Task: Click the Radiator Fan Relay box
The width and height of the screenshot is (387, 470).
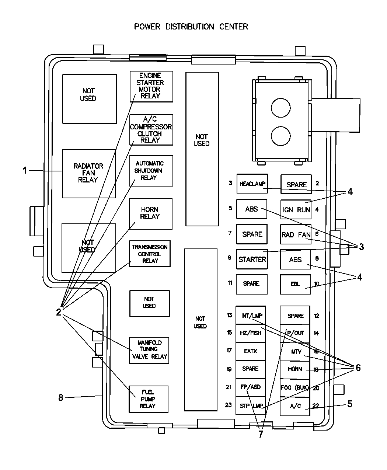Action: tap(88, 173)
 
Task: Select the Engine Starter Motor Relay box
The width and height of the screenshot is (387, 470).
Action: tap(151, 86)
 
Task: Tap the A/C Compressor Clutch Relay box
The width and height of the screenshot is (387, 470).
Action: tap(151, 130)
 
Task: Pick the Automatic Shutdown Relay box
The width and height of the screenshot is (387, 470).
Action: tap(151, 170)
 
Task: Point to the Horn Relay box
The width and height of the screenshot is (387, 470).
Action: tap(150, 213)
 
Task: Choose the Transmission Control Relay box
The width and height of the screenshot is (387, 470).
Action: tap(150, 254)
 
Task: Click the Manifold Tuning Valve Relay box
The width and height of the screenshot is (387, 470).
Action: tap(149, 350)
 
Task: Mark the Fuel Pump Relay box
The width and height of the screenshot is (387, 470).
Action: tap(148, 399)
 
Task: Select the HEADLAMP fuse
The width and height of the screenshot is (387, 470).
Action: tap(252, 184)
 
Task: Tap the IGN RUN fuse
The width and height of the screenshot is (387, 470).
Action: tap(296, 209)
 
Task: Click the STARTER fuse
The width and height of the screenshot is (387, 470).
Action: tap(252, 259)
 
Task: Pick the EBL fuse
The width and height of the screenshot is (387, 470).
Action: tap(295, 284)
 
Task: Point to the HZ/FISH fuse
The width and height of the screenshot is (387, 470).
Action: tap(251, 333)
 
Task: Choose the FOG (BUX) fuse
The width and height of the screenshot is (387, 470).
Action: tap(295, 388)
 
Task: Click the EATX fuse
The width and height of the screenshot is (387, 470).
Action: tap(251, 351)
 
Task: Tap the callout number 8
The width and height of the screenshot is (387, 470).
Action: tap(61, 398)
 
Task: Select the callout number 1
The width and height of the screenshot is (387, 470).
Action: tap(25, 171)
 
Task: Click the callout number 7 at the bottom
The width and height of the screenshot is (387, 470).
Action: tap(261, 434)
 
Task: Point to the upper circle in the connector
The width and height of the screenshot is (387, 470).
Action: tap(281, 108)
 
